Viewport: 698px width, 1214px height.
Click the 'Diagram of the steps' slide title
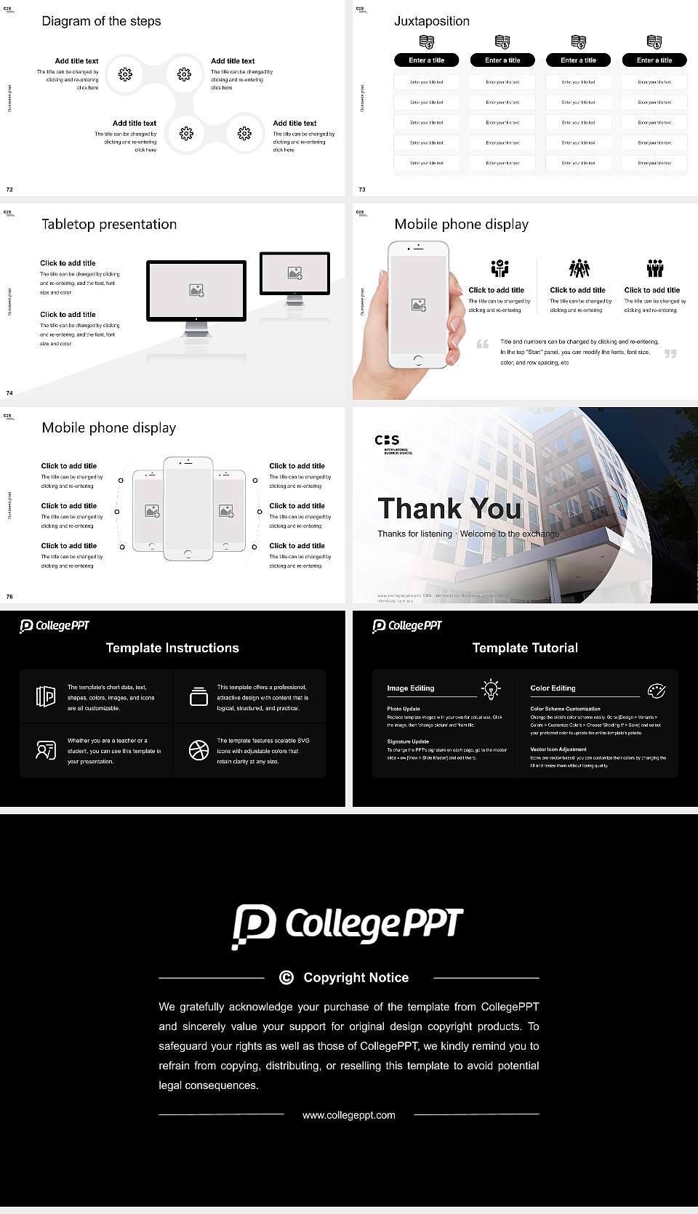(101, 21)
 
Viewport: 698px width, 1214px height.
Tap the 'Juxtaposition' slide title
(431, 21)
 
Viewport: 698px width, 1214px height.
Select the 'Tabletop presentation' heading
(109, 224)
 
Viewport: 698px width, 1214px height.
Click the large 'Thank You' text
(449, 509)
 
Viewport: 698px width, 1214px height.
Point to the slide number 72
(9, 189)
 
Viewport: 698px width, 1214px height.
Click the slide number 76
(9, 596)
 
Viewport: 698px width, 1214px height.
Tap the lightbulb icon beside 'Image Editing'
(492, 688)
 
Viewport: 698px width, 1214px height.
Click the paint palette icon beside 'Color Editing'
(656, 690)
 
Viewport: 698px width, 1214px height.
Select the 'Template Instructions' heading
(172, 648)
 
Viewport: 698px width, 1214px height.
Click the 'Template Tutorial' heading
(525, 648)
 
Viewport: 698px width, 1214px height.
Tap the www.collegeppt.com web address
(349, 1115)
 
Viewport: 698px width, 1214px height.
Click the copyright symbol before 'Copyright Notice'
(286, 978)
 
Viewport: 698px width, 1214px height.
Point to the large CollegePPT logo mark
(254, 926)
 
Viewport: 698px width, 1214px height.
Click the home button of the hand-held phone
(418, 360)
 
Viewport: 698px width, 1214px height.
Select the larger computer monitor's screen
(196, 291)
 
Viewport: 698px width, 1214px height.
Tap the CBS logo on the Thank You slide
(388, 440)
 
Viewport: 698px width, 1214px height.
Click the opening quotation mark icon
(483, 344)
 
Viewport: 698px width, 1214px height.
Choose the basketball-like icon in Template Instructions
(198, 750)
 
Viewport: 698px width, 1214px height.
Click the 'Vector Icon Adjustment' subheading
(558, 749)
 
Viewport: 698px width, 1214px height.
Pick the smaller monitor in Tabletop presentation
(295, 273)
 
